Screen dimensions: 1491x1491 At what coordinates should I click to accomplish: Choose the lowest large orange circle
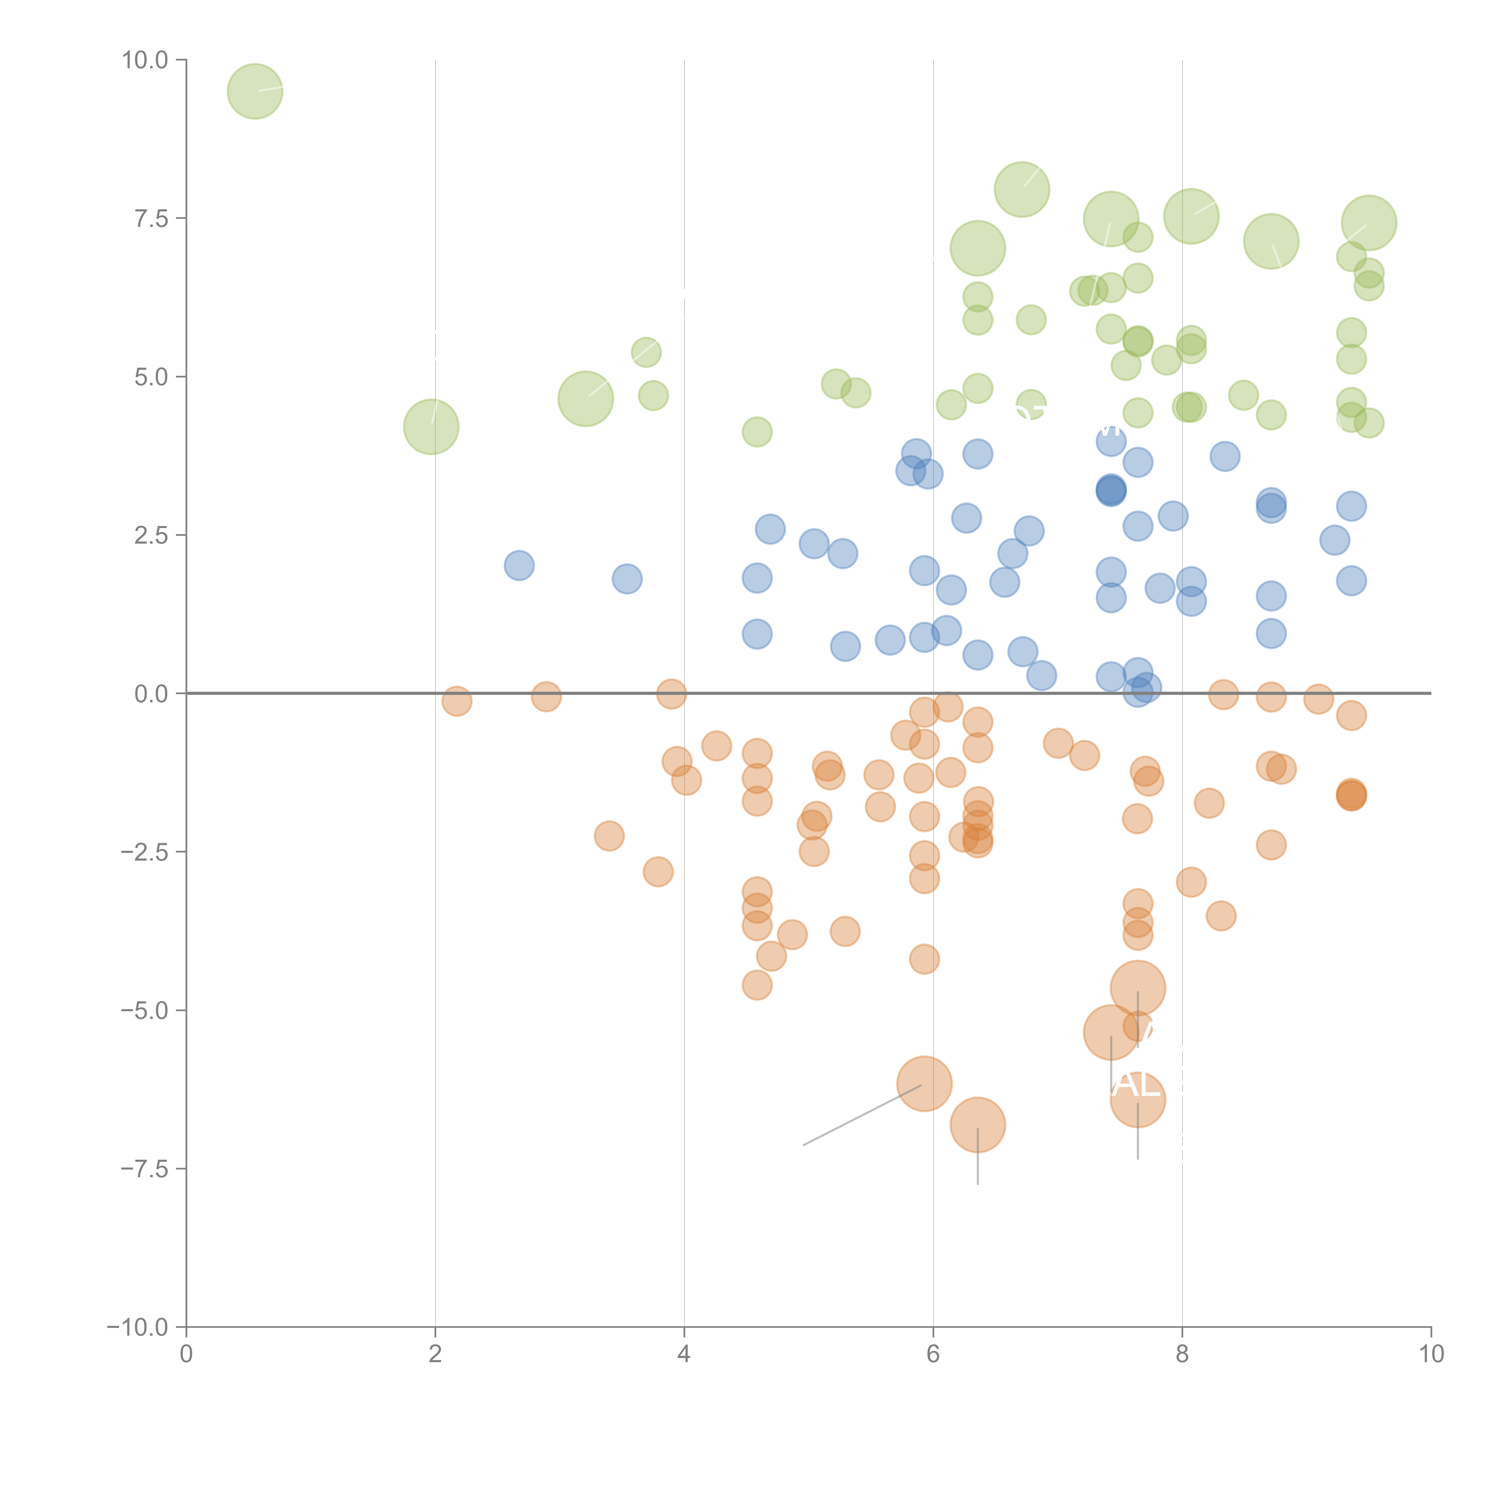[x=978, y=1125]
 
